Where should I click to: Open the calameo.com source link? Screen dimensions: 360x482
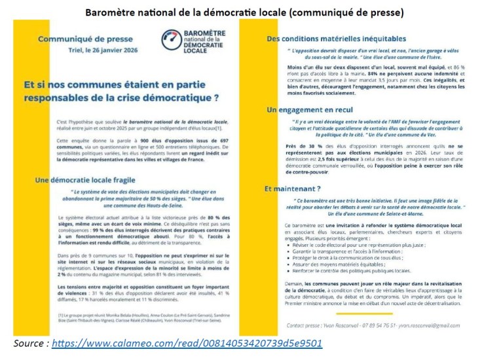[x=186, y=343]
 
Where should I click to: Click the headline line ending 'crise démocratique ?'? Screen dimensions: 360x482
[x=122, y=98]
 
